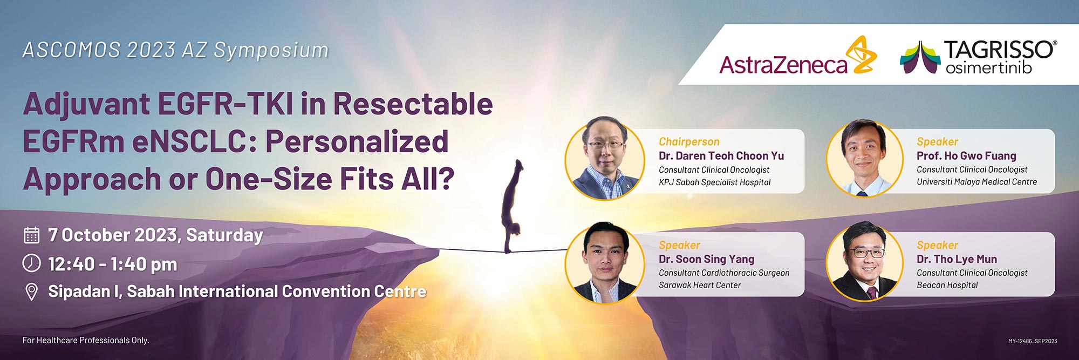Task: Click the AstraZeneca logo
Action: click(798, 56)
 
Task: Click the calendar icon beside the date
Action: click(32, 235)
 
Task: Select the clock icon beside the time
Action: click(32, 263)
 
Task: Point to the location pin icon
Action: click(32, 292)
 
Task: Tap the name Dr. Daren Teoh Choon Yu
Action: click(721, 156)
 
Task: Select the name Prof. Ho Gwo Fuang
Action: click(966, 156)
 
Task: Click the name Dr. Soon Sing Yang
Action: click(707, 259)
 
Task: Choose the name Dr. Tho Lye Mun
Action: click(957, 259)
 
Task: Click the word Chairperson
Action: click(689, 141)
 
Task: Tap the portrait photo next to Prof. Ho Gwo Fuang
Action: click(865, 158)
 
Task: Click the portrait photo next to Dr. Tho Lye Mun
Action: click(865, 262)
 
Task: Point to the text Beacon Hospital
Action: click(947, 285)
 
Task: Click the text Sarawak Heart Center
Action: click(700, 285)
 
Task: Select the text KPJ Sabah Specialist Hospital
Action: click(714, 182)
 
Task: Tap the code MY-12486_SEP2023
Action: click(1033, 341)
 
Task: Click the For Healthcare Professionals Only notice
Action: click(86, 340)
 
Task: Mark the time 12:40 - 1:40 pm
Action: click(112, 264)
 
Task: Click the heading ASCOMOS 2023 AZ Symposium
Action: click(175, 50)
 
